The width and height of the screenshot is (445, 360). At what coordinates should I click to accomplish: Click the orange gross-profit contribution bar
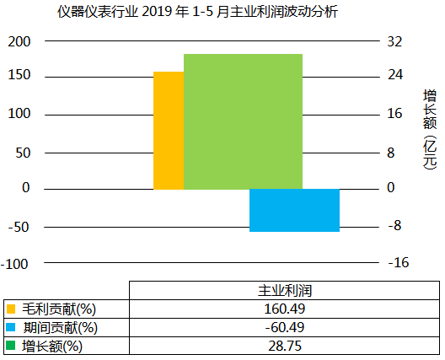point(168,131)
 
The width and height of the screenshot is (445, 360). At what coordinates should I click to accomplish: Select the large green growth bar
point(243,121)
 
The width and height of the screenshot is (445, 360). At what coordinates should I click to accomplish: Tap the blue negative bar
point(294,210)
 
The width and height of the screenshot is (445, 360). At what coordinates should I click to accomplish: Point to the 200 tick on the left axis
point(19,41)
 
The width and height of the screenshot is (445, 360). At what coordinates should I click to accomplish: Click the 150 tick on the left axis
point(19,76)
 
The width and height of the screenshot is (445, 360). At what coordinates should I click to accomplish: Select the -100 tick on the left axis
point(16,263)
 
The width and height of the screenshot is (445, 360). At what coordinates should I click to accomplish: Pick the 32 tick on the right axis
point(394,41)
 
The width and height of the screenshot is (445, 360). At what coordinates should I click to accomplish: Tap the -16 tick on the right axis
point(397,263)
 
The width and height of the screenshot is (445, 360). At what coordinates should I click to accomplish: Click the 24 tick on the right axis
point(394,76)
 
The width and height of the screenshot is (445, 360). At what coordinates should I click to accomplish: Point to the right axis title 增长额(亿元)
point(430,126)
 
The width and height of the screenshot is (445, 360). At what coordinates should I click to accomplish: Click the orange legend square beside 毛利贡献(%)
point(10,309)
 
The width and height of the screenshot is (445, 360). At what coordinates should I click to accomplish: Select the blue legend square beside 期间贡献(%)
point(10,327)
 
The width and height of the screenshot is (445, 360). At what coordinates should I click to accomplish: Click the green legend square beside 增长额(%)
point(10,346)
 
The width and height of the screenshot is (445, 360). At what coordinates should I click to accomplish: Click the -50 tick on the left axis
point(19,226)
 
